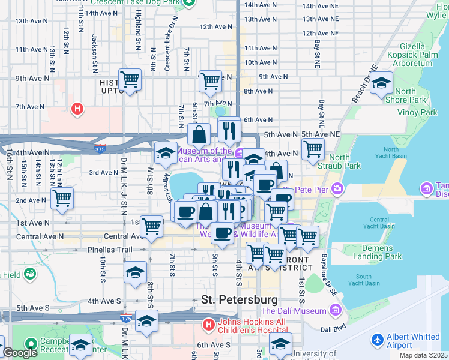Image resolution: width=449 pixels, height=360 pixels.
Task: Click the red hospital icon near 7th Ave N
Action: coord(77,109)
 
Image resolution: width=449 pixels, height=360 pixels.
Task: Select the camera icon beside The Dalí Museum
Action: coord(335,311)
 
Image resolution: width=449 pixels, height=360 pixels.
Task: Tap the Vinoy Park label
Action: coord(417,112)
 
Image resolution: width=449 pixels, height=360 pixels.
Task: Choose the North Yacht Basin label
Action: coord(390,154)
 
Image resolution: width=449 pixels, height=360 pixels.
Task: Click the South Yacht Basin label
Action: coord(364,279)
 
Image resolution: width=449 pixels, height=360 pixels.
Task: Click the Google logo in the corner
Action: coord(20,353)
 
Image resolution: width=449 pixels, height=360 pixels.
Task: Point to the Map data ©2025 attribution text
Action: coord(423,355)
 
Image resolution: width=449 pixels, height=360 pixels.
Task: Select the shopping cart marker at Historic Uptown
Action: coord(130,79)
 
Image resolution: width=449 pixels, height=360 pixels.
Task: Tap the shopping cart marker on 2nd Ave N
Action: coord(62,198)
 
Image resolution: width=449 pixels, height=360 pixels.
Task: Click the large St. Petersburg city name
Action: coord(240,299)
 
